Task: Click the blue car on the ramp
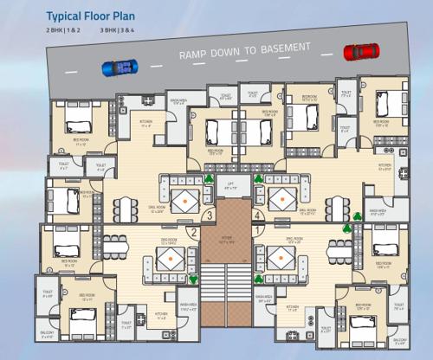coord(119,67)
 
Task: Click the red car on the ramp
coord(360,53)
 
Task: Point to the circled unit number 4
coord(257,217)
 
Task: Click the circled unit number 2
coord(193,232)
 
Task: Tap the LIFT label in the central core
coord(231,183)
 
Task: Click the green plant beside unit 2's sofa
coord(193,280)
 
